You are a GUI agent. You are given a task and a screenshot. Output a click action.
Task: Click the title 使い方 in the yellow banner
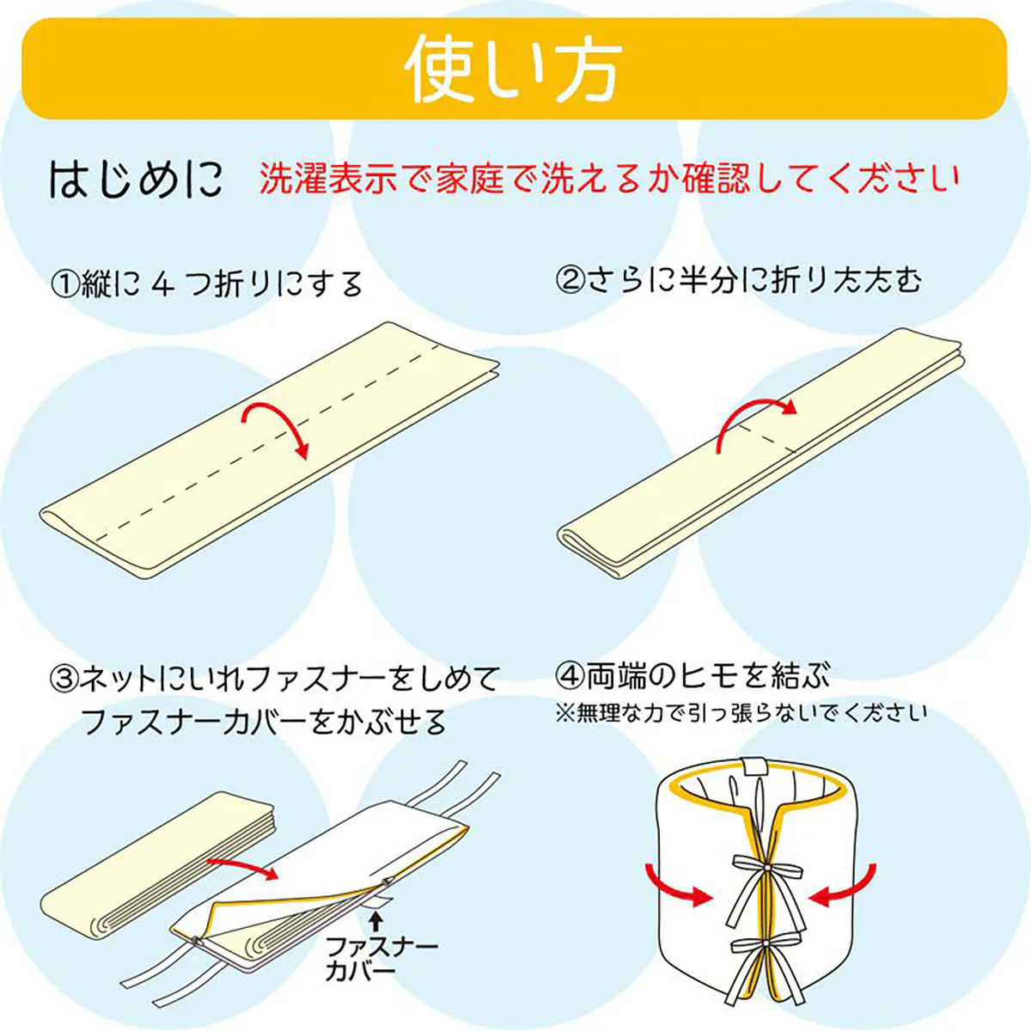click(x=514, y=69)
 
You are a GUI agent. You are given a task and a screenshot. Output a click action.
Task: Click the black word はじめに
click(x=136, y=180)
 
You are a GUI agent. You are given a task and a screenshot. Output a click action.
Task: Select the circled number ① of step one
click(x=66, y=284)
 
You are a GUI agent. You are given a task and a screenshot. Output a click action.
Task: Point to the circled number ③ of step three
click(x=65, y=680)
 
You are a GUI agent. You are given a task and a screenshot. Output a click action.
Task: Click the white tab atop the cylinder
click(x=753, y=766)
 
